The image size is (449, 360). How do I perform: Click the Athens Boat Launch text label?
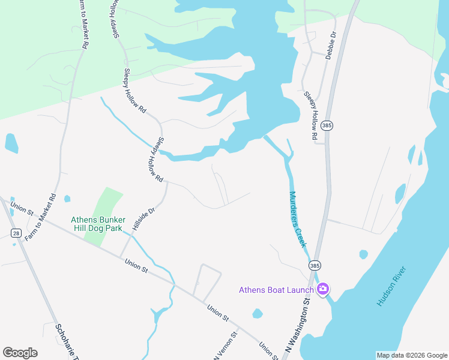pyautogui.click(x=276, y=290)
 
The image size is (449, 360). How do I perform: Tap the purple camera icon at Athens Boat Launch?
pyautogui.click(x=323, y=290)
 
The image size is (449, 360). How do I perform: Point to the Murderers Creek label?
pyautogui.click(x=298, y=220)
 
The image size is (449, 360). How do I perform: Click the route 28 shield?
pyautogui.click(x=16, y=232)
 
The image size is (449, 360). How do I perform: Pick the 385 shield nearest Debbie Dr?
pyautogui.click(x=327, y=125)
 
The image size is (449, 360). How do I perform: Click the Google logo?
pyautogui.click(x=20, y=352)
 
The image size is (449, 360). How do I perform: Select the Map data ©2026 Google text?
pyautogui.click(x=411, y=355)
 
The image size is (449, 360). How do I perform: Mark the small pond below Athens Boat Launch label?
pyautogui.click(x=258, y=313)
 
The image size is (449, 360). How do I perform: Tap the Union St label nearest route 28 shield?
pyautogui.click(x=22, y=209)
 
